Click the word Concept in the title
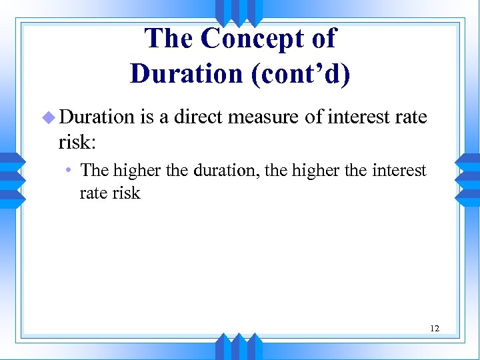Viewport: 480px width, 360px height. [x=247, y=39]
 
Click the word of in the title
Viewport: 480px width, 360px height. [x=323, y=39]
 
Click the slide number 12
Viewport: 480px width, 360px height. [x=434, y=329]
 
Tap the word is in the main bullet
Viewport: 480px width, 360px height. [x=147, y=117]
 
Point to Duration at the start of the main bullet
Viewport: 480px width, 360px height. [x=97, y=117]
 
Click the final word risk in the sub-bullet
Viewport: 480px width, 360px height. [x=127, y=193]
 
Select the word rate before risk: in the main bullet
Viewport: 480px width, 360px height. [x=412, y=117]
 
